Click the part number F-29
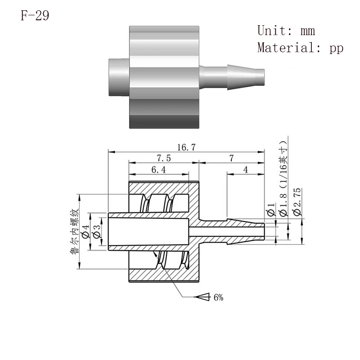point(35,16)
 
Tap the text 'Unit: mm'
point(286,31)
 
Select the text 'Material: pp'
point(300,48)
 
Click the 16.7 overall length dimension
point(186,147)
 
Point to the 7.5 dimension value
point(164,158)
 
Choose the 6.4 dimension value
point(158,170)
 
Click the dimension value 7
point(231,158)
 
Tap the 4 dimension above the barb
point(246,170)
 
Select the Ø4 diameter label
point(85,231)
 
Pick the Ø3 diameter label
point(97,231)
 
